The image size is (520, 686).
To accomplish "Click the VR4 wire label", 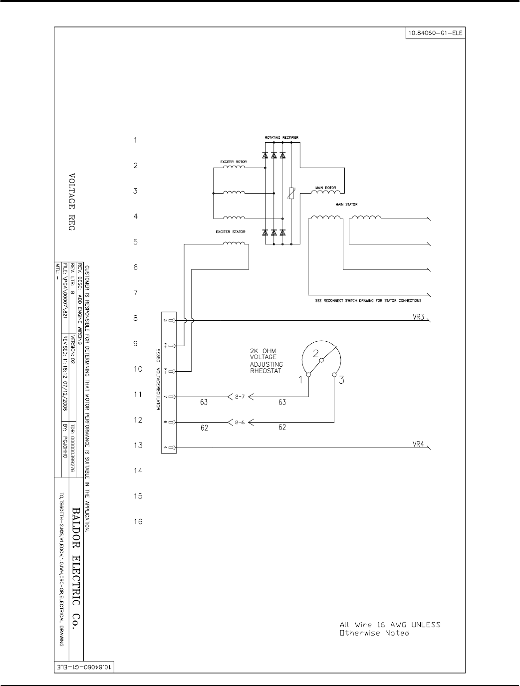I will coord(418,444).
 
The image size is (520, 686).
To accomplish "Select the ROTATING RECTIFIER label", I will coord(281,137).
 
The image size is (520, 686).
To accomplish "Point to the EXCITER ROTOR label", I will coord(233,162).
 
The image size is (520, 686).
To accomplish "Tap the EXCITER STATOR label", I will coord(230,232).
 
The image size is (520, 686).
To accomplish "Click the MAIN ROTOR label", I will coord(324,188).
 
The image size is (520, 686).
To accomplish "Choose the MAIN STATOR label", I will coord(346,205).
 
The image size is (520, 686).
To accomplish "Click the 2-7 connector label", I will coord(240,397).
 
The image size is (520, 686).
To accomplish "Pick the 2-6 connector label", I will coord(240,423).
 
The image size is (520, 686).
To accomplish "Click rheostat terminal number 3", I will coord(341,380).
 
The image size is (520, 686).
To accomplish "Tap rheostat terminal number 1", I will coord(301,380).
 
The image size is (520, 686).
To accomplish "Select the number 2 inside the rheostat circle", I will coord(315,354).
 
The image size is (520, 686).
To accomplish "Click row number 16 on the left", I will coord(138,522).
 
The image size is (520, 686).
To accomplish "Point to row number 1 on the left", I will coord(135,140).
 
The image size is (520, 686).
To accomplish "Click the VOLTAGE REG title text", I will coord(71,202).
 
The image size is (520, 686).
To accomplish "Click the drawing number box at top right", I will coord(436,33).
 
